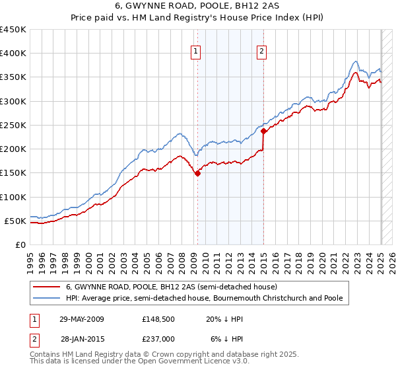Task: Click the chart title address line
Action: [x=198, y=7]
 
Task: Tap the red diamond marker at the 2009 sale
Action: [x=197, y=174]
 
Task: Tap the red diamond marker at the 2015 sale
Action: [x=263, y=131]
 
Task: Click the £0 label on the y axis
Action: [x=20, y=244]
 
